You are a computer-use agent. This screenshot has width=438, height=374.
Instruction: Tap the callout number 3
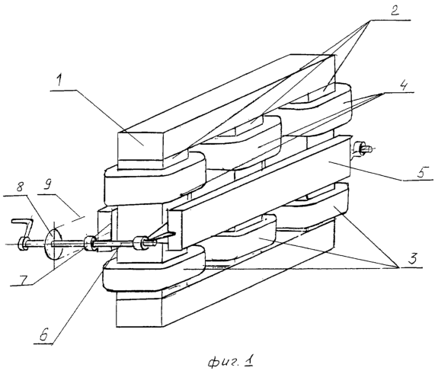pos(412,258)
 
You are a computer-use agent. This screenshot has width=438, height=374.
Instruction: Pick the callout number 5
pos(422,172)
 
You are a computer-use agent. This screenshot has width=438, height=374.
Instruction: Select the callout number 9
pos(48,185)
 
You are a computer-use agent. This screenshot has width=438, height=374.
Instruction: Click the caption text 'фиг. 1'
pos(231,362)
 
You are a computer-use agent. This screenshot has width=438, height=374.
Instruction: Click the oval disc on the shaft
pos(53,244)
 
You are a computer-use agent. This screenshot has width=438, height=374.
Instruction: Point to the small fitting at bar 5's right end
pos(362,149)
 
